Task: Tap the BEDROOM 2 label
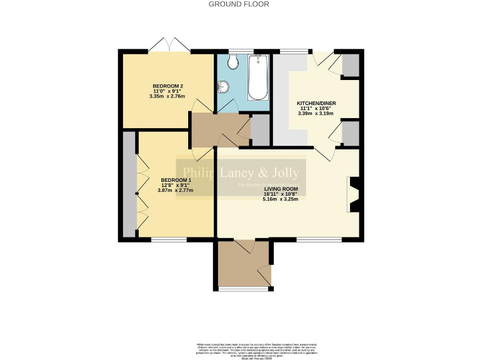pyautogui.click(x=167, y=86)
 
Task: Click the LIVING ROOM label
pyautogui.click(x=281, y=188)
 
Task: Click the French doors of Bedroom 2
pyautogui.click(x=167, y=47)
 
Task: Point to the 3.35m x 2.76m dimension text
pyautogui.click(x=167, y=96)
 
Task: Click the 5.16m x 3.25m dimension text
pyautogui.click(x=281, y=199)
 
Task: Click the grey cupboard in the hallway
pyautogui.click(x=260, y=130)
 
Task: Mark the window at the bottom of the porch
pyautogui.click(x=244, y=289)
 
